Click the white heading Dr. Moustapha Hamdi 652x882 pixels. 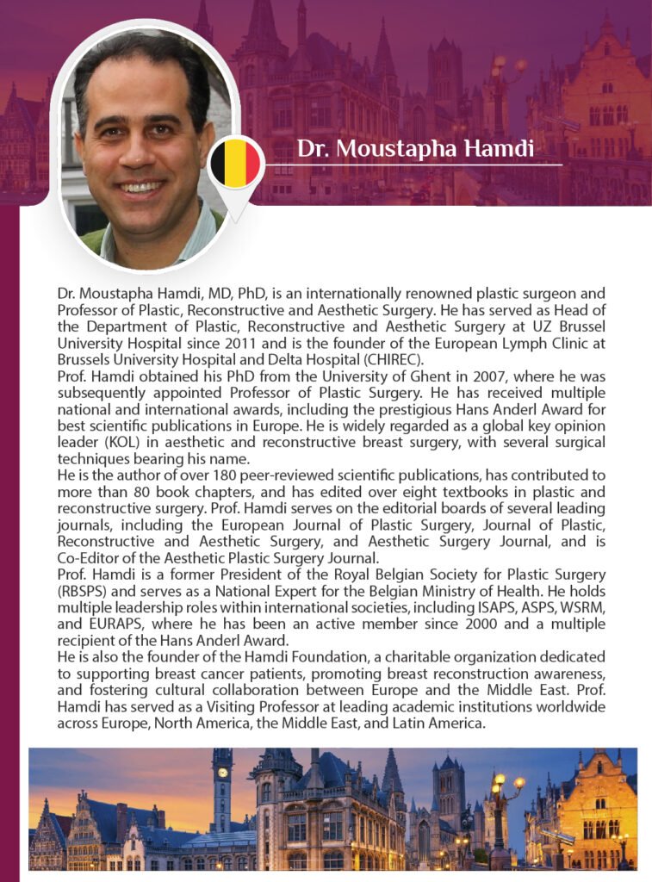(x=415, y=148)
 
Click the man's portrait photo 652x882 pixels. (x=145, y=146)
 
